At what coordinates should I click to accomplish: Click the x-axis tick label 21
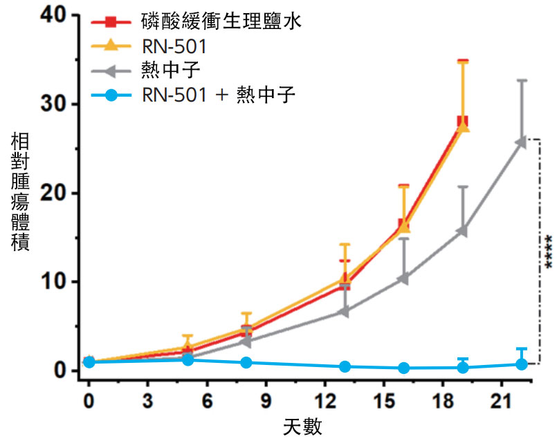tap(502, 401)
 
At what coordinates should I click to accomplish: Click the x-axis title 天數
tap(303, 424)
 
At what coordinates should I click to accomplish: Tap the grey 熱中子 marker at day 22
tap(521, 142)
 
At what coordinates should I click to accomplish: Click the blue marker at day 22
tap(522, 364)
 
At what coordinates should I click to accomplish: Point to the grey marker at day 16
tap(403, 279)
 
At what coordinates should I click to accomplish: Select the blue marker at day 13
tap(345, 366)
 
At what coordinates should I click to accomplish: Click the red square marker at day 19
tap(463, 122)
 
